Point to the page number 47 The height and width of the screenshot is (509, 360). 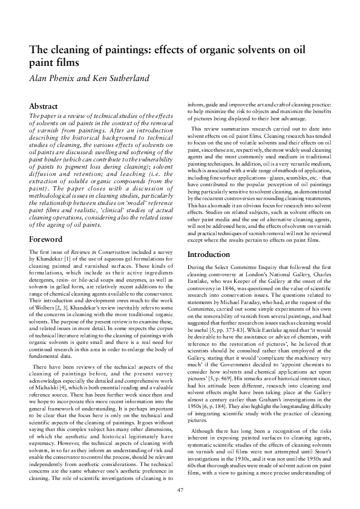[180, 490]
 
